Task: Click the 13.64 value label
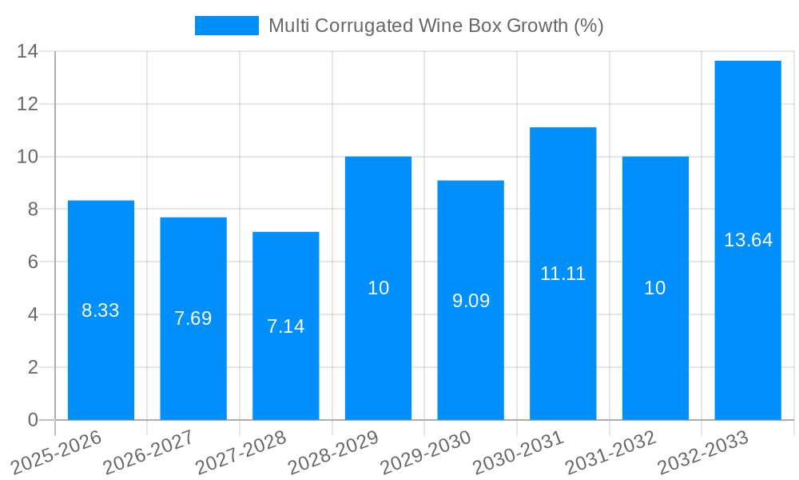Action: [x=748, y=240]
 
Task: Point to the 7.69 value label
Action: [x=193, y=318]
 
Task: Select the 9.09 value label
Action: [x=471, y=302]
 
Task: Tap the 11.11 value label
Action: [x=562, y=274]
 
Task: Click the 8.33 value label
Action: [x=101, y=310]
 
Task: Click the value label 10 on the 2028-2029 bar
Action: [x=378, y=288]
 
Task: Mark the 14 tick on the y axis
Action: [x=28, y=52]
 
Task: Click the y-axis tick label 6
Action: [x=33, y=262]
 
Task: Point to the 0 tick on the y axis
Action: [x=33, y=420]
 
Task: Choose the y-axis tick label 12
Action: [x=28, y=105]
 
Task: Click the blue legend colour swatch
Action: [x=227, y=26]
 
